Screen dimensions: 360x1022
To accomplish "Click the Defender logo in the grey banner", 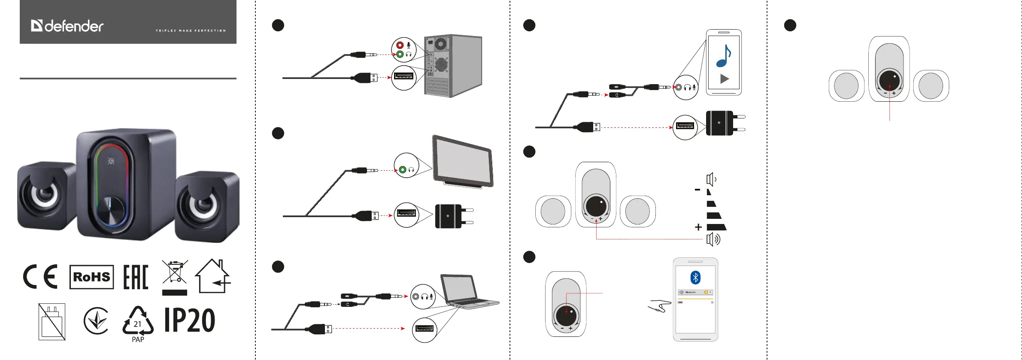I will point(67,26).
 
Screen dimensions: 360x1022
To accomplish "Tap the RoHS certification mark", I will point(91,277).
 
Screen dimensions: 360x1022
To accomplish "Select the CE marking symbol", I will point(40,277).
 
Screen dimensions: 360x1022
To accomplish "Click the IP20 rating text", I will point(190,321).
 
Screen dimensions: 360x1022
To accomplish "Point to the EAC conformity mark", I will point(136,277).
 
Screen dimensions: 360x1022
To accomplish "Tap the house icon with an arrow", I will point(213,276).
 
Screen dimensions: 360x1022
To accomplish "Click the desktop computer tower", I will point(453,66).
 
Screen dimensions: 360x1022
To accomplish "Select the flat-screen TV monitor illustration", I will point(463,161).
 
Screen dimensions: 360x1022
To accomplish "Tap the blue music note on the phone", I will point(724,56).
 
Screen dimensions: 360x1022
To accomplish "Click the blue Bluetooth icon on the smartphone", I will point(695,278).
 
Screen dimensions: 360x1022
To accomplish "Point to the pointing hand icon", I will point(660,306).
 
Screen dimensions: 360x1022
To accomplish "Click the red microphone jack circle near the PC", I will point(400,45).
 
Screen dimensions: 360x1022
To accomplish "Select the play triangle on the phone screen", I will point(725,79).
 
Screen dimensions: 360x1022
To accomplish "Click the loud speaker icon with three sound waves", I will point(713,239).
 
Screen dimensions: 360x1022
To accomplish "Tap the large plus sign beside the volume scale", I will point(698,227).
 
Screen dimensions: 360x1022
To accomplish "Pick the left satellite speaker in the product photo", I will point(45,195).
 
